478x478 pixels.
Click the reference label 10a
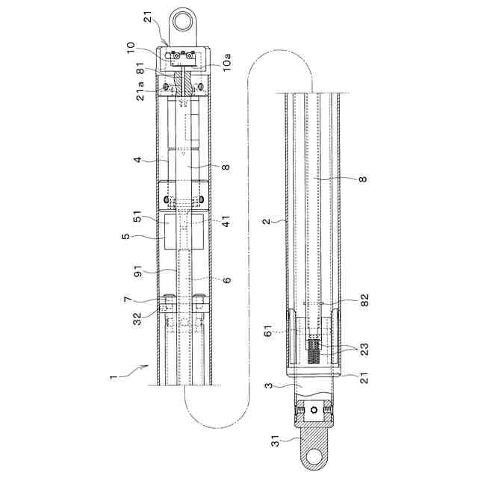(226, 63)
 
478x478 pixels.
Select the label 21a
(140, 91)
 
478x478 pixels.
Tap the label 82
(364, 300)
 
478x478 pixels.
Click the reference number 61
(268, 330)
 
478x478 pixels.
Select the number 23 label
(364, 350)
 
